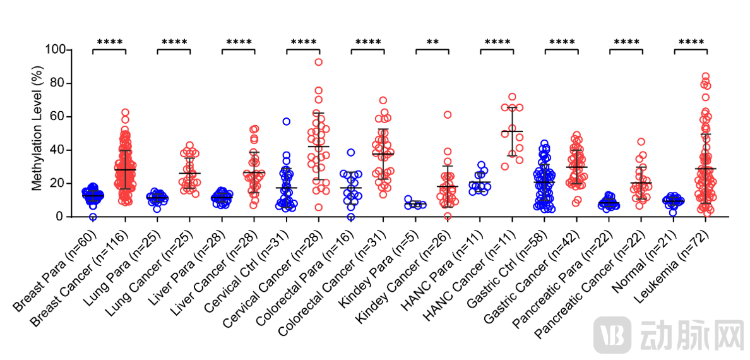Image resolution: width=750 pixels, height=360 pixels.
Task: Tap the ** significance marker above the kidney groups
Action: pyautogui.click(x=432, y=43)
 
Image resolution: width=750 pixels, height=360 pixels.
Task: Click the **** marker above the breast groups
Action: pyautogui.click(x=109, y=43)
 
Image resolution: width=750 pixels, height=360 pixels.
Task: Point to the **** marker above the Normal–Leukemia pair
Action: pyautogui.click(x=691, y=43)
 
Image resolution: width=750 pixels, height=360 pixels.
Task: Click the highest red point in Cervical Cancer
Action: pyautogui.click(x=319, y=62)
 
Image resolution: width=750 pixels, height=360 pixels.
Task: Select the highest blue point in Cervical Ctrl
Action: pyautogui.click(x=286, y=121)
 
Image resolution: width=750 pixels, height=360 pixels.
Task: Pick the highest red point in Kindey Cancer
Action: pyautogui.click(x=448, y=115)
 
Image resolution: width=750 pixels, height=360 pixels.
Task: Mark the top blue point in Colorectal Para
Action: pyautogui.click(x=351, y=152)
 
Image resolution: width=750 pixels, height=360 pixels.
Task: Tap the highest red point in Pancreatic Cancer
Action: pyautogui.click(x=641, y=142)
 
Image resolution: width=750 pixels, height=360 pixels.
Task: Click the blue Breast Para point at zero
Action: pyautogui.click(x=93, y=217)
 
